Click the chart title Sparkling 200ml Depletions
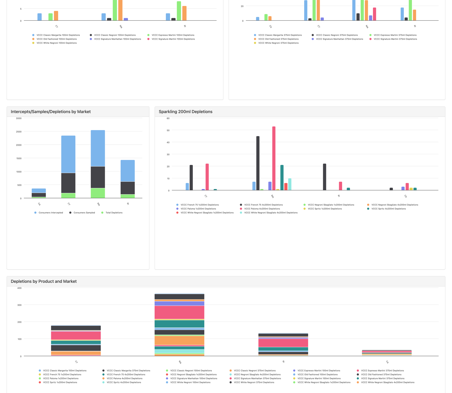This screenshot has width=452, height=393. [185, 112]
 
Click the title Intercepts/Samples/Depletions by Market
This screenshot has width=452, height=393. [51, 112]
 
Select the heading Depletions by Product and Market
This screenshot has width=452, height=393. [44, 282]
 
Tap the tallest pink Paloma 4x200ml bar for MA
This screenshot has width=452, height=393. [274, 158]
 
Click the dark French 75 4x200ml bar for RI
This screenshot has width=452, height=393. [325, 177]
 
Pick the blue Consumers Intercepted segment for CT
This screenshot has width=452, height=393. [68, 154]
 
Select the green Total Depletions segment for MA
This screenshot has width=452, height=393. [98, 193]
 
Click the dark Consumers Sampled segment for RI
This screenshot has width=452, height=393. [128, 188]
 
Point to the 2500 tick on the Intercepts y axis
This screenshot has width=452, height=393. [19, 132]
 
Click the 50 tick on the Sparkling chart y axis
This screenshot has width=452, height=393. [168, 130]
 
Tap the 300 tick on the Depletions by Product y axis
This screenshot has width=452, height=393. [19, 305]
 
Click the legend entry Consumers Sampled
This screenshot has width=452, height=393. [84, 213]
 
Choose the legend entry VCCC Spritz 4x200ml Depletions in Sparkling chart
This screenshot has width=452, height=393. [388, 209]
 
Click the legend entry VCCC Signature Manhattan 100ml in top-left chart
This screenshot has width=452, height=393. [117, 39]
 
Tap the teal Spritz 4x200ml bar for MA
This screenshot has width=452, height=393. [282, 177]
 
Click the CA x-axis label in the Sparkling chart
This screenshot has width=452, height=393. [405, 196]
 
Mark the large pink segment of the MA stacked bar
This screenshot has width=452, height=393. [179, 312]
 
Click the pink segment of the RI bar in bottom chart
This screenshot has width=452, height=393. [283, 343]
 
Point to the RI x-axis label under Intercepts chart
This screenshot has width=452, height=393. [128, 204]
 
